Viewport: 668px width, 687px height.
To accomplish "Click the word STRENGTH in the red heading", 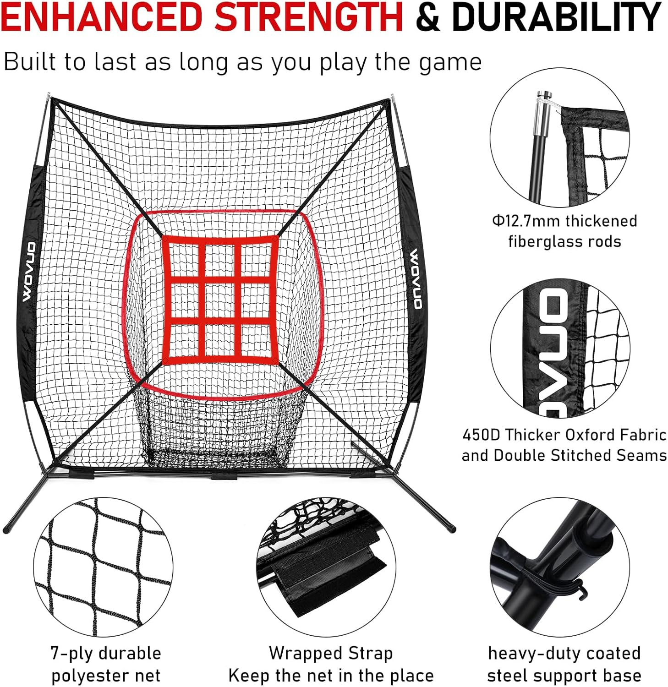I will (x=308, y=17).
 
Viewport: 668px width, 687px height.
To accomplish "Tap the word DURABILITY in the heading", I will (x=556, y=17).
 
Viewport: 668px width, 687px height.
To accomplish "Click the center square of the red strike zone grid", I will (x=220, y=301).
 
